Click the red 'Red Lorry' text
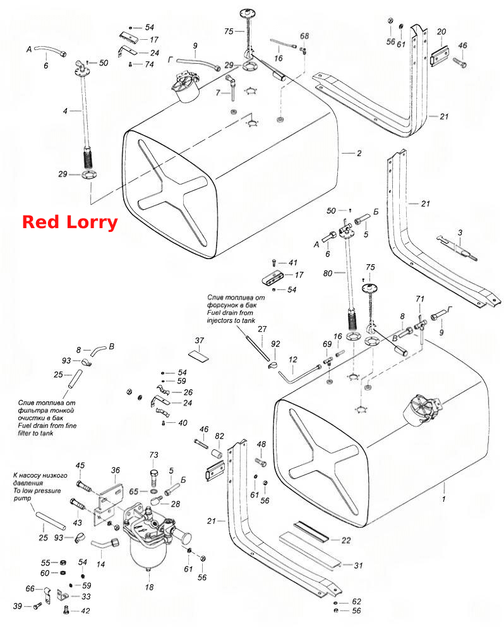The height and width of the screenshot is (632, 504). coord(69,222)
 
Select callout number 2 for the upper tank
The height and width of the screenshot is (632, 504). coord(359,154)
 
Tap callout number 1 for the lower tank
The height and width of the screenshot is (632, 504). coord(444,499)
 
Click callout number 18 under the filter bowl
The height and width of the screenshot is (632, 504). coord(150,587)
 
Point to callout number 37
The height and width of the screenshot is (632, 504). coord(200,341)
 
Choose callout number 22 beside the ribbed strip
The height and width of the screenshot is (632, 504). coord(346,540)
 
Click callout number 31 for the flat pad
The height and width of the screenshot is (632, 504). coord(358,566)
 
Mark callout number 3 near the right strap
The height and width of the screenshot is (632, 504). coord(460,233)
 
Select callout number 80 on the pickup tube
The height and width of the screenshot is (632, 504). coord(328,274)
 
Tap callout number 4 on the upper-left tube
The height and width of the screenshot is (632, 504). coord(65,111)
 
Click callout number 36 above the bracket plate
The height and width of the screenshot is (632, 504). coord(116,470)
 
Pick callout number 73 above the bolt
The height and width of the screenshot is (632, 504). coord(154,455)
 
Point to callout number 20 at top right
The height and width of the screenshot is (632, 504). coord(441,32)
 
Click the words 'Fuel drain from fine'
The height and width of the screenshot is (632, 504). coord(47,425)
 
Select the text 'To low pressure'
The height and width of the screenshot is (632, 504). coord(37,491)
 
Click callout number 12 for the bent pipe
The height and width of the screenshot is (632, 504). coord(293,360)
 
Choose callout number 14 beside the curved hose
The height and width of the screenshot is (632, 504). coord(100,564)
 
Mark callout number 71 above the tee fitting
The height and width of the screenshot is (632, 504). coord(420,299)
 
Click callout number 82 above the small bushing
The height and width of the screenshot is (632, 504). coord(220,436)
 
